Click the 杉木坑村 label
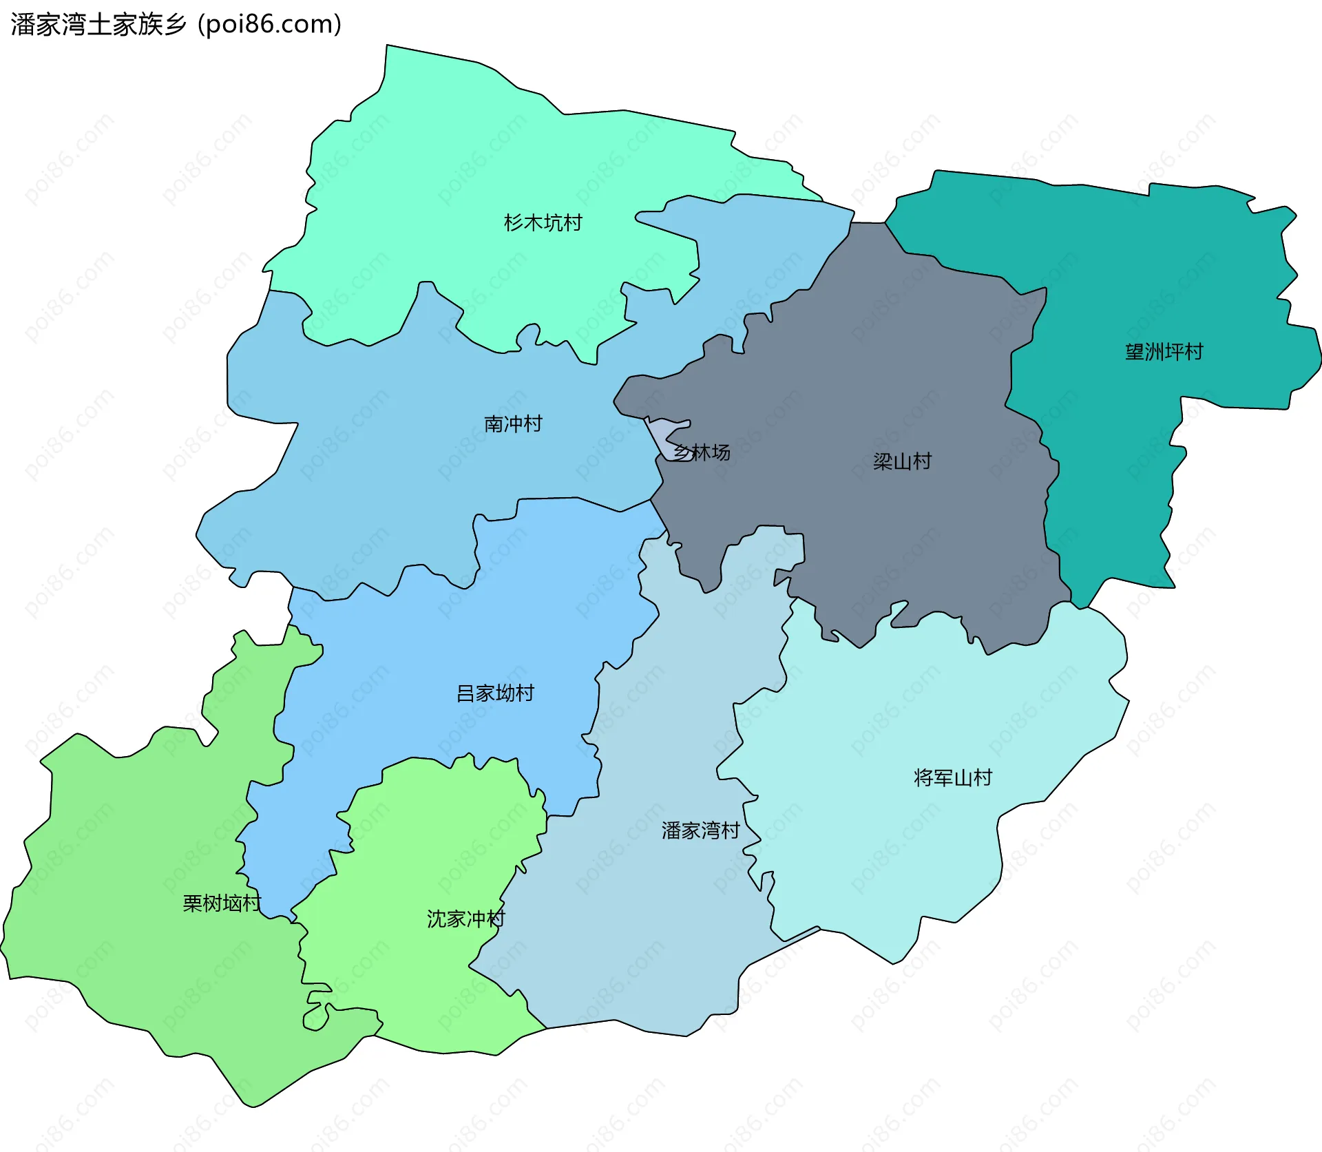[x=543, y=222]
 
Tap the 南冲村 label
[x=513, y=423]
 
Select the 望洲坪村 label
[x=1164, y=352]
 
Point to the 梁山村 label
[x=902, y=461]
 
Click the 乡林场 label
[x=702, y=452]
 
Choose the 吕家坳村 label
[x=495, y=693]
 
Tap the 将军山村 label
[x=952, y=777]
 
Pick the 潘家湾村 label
[x=700, y=830]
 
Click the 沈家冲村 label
[x=465, y=919]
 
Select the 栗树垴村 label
[x=222, y=903]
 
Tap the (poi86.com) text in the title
[x=269, y=25]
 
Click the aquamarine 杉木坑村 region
[x=448, y=172]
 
